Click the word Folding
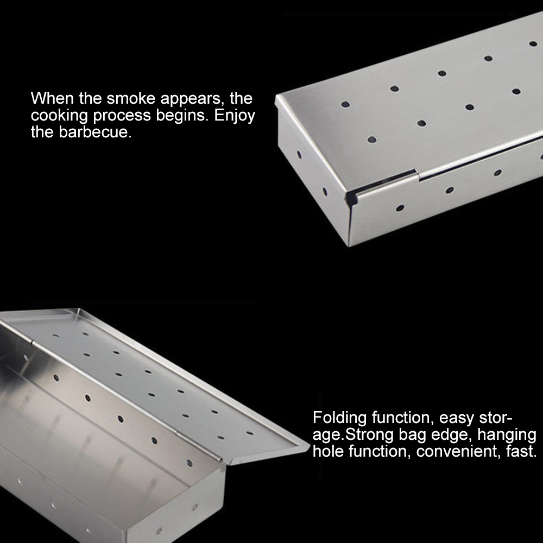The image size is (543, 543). coord(339,419)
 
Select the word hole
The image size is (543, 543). coord(329,452)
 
